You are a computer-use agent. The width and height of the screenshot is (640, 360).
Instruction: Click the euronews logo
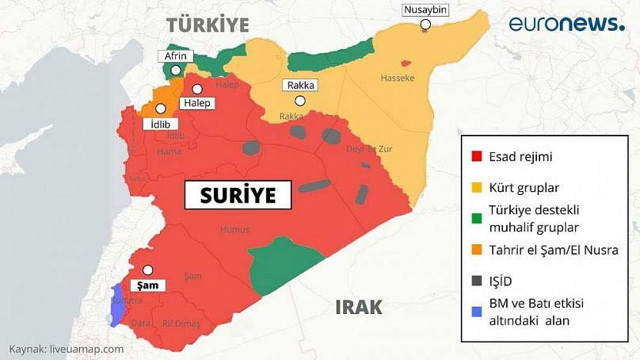[565, 23]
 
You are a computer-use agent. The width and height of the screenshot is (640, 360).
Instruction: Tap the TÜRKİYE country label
[207, 24]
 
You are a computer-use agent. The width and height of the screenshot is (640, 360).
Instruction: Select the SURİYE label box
[237, 194]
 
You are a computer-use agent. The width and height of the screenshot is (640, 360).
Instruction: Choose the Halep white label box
[196, 102]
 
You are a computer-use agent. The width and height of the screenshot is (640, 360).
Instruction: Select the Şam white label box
[148, 284]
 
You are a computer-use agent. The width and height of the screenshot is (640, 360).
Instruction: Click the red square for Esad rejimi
[477, 156]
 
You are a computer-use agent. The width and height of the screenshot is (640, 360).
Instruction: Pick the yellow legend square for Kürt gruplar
[477, 187]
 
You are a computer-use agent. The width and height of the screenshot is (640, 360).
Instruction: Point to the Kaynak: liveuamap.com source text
[67, 349]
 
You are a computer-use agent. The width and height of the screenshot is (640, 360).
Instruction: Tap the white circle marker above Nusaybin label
[427, 24]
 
